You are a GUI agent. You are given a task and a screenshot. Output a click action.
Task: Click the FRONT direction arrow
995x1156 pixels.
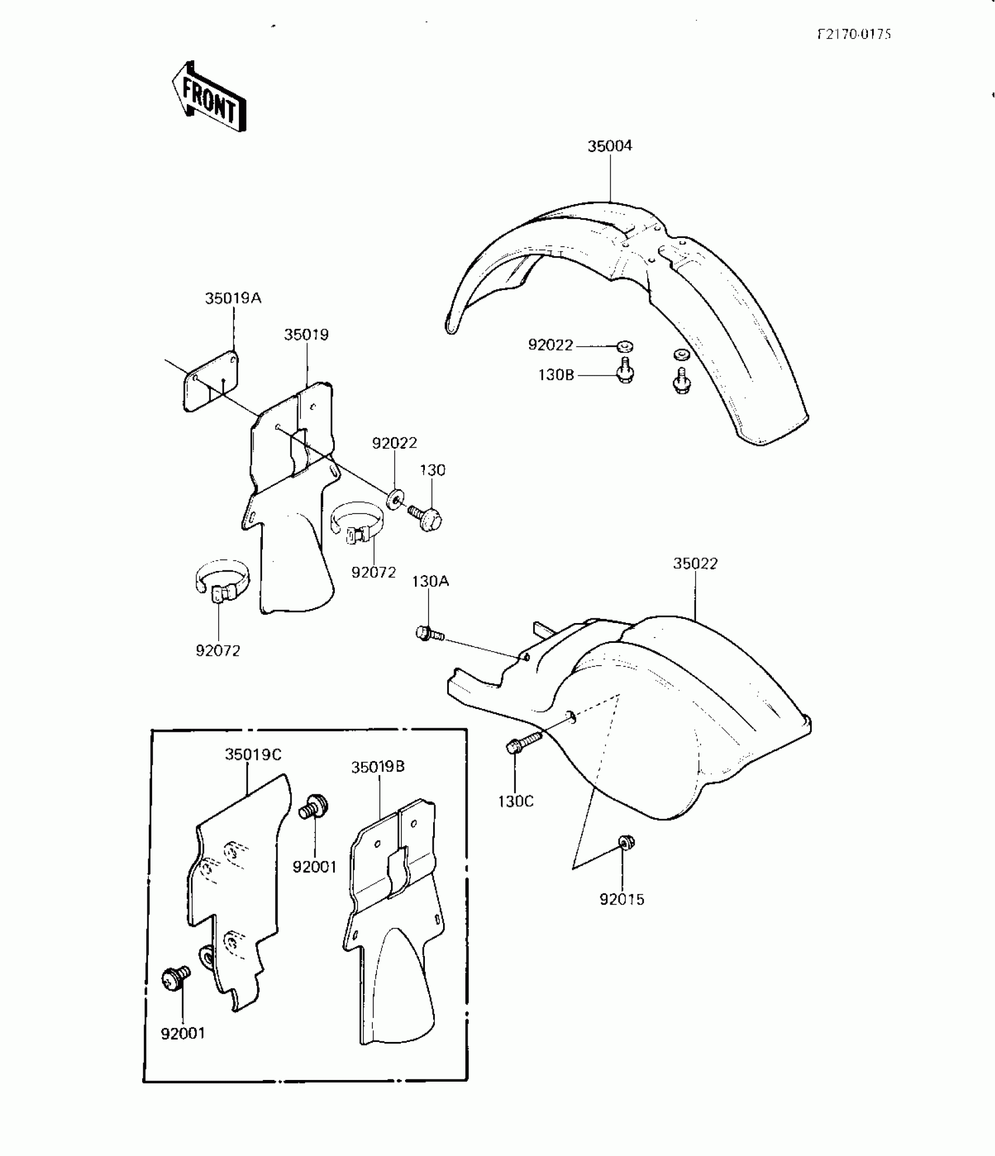pos(209,97)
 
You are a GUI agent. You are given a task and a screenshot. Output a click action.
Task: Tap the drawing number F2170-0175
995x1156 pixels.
pos(854,34)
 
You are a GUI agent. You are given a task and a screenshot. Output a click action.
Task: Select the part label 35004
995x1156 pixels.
pos(610,146)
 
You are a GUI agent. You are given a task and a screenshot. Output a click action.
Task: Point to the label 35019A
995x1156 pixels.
pos(233,298)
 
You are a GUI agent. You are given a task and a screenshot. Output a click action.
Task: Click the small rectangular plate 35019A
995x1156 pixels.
pos(211,381)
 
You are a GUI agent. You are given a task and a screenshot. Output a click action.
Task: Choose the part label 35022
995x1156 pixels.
pos(695,563)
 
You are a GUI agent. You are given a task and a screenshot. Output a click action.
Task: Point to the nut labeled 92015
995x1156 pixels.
pos(626,842)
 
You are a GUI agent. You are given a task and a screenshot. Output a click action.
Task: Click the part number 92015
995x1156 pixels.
pos(622,899)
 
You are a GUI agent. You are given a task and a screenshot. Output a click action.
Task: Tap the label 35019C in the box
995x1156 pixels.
pos(253,755)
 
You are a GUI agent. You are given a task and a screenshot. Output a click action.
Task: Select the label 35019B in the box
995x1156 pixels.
pos(378,767)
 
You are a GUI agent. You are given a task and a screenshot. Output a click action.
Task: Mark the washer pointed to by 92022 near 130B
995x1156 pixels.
pos(625,347)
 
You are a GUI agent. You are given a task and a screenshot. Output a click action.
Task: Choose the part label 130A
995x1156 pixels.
pos(430,582)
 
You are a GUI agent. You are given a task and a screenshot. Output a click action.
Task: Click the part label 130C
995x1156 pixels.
pos(516,801)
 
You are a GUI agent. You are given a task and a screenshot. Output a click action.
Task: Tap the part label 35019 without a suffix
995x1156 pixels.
pos(306,335)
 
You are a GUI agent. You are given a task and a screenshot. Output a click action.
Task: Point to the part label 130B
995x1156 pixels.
pos(556,374)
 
